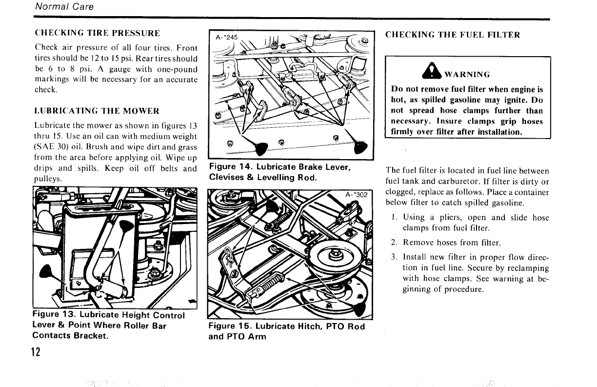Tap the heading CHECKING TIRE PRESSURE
(x=97, y=34)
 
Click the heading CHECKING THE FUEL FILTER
(x=453, y=35)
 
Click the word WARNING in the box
(x=467, y=75)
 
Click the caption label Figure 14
(x=230, y=167)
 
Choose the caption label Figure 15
(x=230, y=326)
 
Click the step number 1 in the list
(x=395, y=218)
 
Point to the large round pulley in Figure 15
(x=335, y=255)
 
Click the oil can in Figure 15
(x=359, y=308)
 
